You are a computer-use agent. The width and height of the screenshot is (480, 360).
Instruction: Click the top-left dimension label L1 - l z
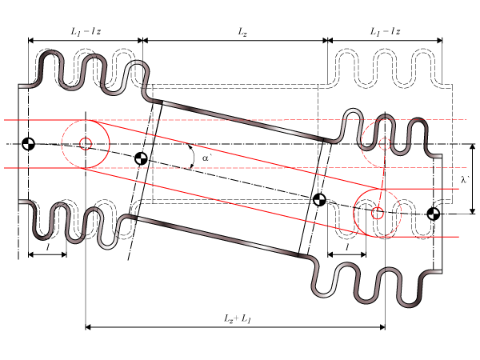(x=86, y=31)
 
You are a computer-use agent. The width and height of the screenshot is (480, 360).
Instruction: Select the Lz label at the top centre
(x=242, y=31)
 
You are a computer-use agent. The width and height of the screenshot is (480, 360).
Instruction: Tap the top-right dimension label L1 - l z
(x=385, y=31)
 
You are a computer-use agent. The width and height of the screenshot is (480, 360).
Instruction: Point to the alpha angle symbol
(x=206, y=158)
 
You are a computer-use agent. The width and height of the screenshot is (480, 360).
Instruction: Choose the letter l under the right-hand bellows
(x=347, y=249)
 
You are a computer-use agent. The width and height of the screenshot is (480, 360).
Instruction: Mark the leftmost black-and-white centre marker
(x=29, y=144)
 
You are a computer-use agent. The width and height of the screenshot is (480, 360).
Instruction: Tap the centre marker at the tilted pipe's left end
(x=141, y=158)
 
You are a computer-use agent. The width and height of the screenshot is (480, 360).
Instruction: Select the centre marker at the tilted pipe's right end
(x=319, y=199)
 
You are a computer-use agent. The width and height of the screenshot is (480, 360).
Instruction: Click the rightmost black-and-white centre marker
(x=434, y=213)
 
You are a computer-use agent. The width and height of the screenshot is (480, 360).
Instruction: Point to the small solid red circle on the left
(x=86, y=144)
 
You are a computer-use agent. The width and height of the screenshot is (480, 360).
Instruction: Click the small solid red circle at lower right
(x=378, y=213)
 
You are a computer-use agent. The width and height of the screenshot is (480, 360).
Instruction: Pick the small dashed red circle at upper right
(x=385, y=144)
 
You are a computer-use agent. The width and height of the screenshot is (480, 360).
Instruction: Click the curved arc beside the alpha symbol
(x=192, y=157)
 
